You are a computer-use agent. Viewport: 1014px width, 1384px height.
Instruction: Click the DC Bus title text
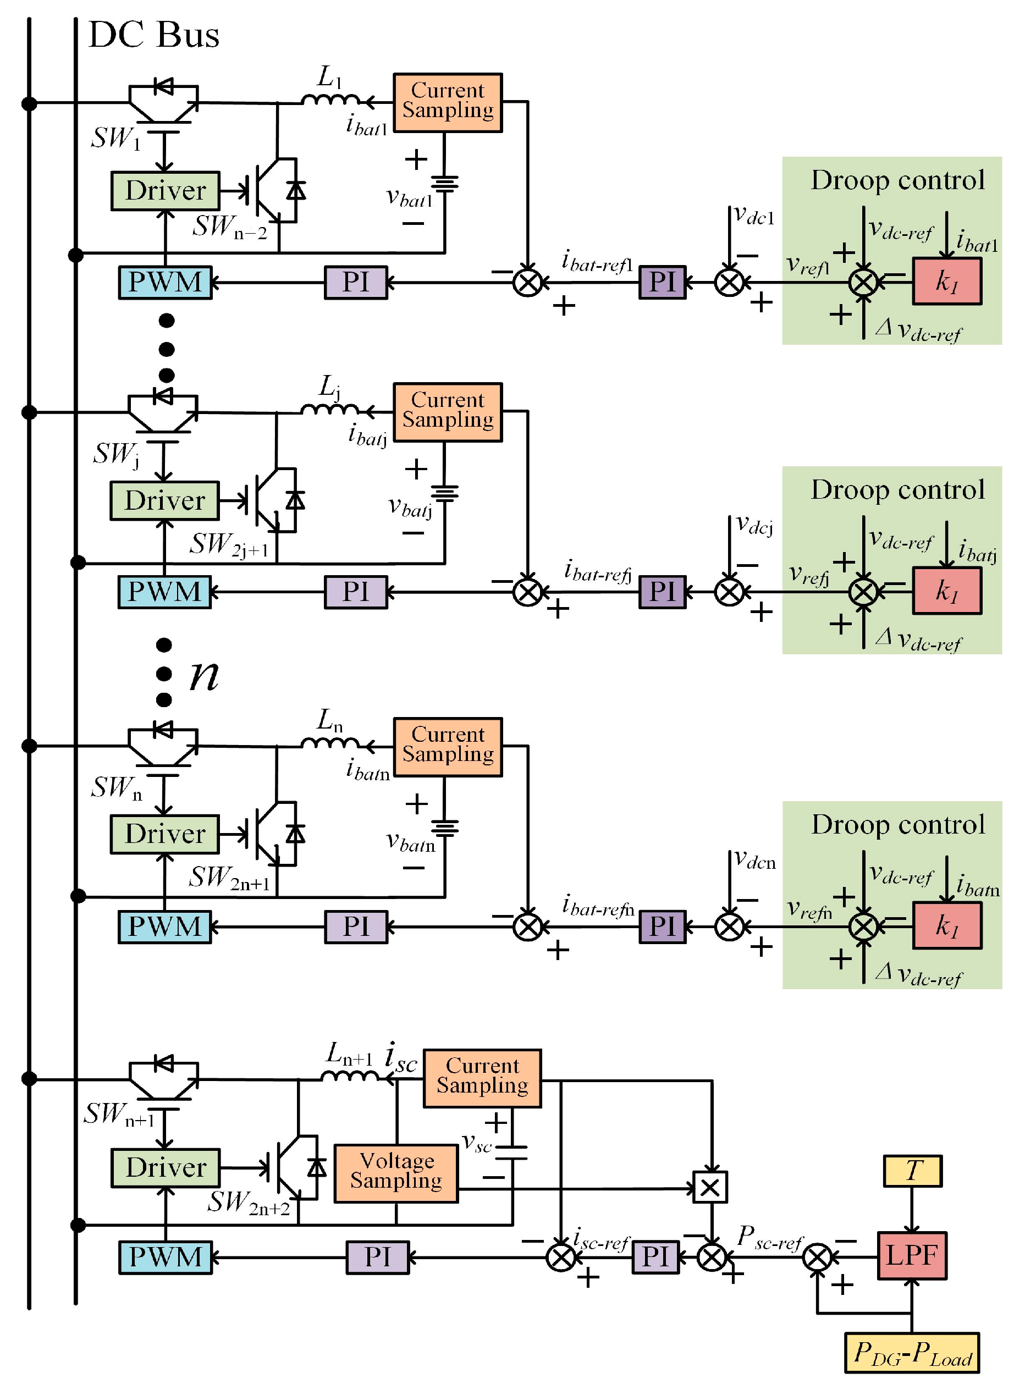[153, 35]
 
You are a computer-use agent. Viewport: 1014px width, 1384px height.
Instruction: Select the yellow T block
[912, 1171]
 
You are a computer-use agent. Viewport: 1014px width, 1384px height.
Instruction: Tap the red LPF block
[912, 1255]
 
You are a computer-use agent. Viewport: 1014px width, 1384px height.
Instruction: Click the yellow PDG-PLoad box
[912, 1353]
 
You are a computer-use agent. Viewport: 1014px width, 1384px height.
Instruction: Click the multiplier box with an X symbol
[709, 1187]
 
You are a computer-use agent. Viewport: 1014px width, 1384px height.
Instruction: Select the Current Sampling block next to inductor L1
[448, 102]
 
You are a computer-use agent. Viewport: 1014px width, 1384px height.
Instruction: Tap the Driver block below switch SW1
[165, 191]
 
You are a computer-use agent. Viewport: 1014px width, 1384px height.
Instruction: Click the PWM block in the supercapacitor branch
[165, 1257]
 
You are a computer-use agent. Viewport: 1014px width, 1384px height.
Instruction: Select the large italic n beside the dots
[205, 675]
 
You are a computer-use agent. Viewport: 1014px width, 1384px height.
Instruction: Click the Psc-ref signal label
[770, 1237]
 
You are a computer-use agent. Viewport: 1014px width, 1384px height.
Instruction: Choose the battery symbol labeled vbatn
[444, 828]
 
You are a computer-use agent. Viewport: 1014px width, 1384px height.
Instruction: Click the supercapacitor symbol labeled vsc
[511, 1152]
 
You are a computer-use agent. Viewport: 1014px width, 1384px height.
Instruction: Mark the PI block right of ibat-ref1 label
[662, 282]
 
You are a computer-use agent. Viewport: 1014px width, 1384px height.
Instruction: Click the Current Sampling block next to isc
[482, 1078]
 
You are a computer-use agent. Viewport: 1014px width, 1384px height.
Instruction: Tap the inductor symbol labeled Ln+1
[350, 1076]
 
